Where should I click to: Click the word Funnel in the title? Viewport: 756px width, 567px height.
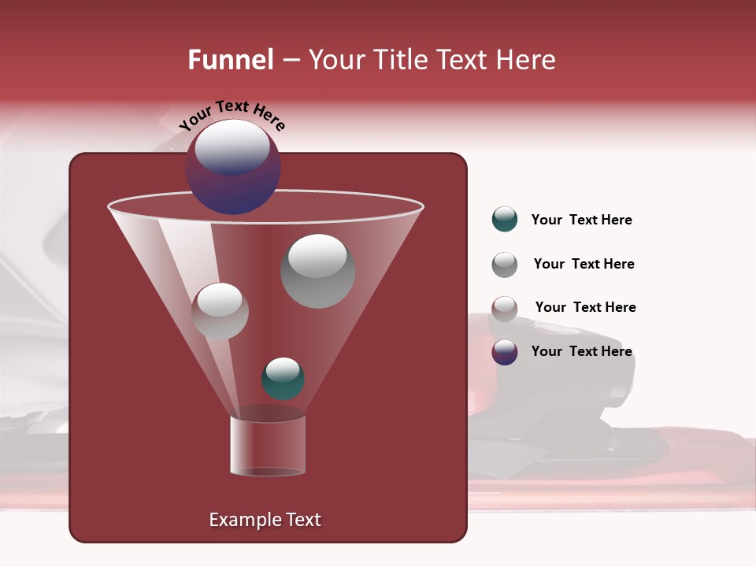[x=231, y=60]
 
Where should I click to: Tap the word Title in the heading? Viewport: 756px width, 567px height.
[x=399, y=60]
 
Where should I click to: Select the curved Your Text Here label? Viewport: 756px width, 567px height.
[x=232, y=115]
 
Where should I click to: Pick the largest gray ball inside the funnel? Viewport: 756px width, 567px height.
[x=318, y=271]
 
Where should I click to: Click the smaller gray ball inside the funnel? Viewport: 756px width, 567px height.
[x=220, y=311]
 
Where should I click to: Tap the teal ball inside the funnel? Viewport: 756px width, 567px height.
[x=283, y=379]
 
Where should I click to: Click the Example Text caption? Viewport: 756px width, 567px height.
[x=265, y=520]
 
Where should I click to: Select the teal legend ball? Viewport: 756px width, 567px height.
[x=505, y=220]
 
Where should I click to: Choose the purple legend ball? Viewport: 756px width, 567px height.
[x=505, y=352]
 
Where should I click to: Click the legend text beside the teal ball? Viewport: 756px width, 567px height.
[x=581, y=220]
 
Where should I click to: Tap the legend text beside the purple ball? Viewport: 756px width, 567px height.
[x=581, y=351]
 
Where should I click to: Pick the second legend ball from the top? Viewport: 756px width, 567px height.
[x=505, y=265]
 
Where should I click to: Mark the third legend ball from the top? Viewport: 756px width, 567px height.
[x=505, y=309]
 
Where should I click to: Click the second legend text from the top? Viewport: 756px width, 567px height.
[x=584, y=264]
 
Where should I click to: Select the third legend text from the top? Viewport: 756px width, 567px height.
[x=585, y=307]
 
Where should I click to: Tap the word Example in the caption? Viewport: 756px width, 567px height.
[x=244, y=520]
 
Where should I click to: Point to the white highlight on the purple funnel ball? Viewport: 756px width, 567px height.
[x=232, y=147]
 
